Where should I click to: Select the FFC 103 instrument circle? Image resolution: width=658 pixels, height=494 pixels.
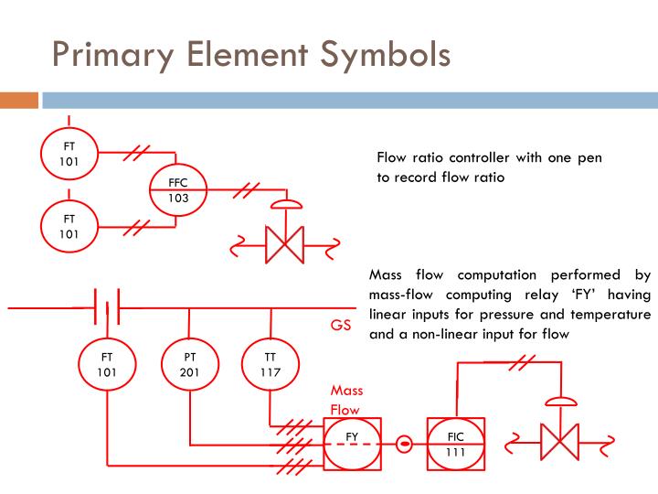click(177, 189)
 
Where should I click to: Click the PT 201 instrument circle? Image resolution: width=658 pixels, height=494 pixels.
click(189, 364)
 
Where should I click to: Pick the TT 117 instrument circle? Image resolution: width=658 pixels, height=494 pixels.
click(271, 364)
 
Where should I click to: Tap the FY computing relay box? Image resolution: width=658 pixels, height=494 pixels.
click(352, 444)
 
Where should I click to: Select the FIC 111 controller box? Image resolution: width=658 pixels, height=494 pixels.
click(455, 444)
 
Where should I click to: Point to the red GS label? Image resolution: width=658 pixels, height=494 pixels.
click(341, 325)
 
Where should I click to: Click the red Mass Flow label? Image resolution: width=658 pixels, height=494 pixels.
click(346, 400)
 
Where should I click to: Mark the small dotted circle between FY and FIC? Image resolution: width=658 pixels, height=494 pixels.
click(404, 444)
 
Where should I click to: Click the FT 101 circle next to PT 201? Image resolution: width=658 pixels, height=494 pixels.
click(108, 364)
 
